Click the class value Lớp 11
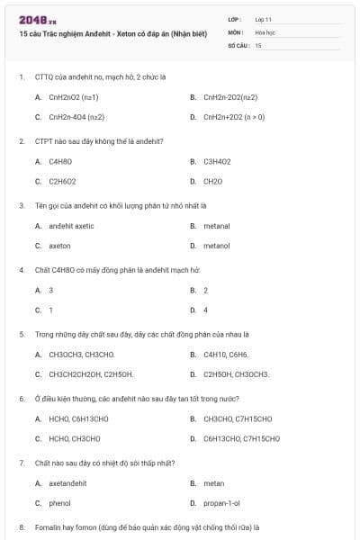264,19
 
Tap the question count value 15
258,44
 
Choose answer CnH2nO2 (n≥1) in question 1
74,97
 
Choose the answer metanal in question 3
216,226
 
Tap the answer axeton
59,246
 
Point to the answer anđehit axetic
71,226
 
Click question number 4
22,270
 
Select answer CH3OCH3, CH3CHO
82,355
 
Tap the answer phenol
59,503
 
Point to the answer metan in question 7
213,483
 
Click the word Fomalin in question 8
46,526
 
